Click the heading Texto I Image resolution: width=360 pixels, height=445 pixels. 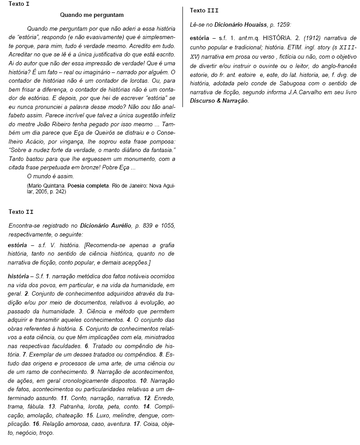point(19,4)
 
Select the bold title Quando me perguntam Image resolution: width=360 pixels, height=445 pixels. point(92,15)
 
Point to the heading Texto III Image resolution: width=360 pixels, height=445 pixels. point(204,10)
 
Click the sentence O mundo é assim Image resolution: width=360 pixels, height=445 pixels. point(50,176)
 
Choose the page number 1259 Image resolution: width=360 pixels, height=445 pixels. point(283,25)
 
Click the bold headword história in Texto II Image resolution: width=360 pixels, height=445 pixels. point(19,276)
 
